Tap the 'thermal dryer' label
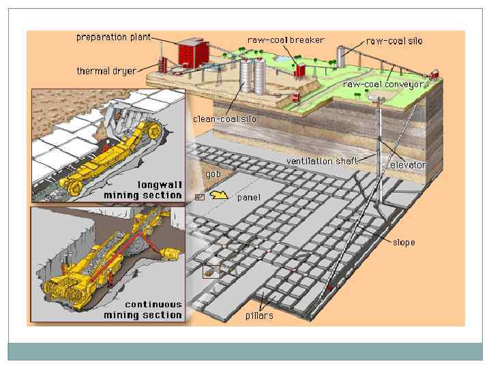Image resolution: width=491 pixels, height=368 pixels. pos(106,71)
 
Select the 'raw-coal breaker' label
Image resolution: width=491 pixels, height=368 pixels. pos(286,40)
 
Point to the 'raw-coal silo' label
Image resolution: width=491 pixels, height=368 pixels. pos(394,41)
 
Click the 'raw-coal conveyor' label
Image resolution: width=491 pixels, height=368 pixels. pos(383,85)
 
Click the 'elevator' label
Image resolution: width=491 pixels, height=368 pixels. pos(408,165)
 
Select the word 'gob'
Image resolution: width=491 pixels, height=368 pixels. pos(213,174)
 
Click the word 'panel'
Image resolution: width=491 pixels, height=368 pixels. pos(248,198)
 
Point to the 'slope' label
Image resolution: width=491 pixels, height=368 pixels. pos(404,242)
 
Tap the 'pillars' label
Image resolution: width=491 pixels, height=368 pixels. pos(259,316)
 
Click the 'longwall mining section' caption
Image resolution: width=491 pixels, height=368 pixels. pos(143,189)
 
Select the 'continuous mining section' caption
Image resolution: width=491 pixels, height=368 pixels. pos(143,309)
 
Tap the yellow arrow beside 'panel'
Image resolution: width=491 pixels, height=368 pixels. pos(218,196)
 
